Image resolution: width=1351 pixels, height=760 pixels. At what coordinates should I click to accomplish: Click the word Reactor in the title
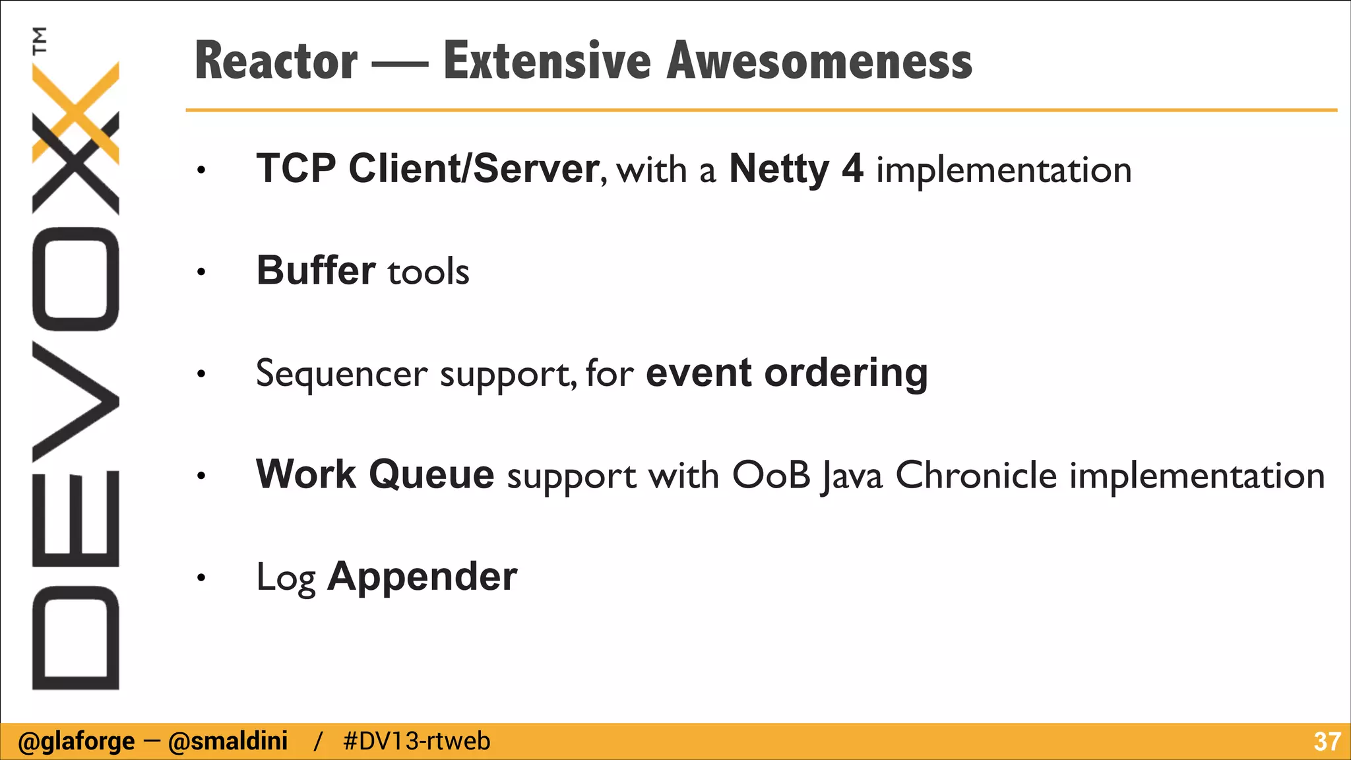(x=276, y=61)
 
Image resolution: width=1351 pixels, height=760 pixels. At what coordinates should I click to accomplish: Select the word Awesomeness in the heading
(x=819, y=61)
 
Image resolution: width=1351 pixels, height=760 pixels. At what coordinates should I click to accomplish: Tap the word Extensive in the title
(x=547, y=61)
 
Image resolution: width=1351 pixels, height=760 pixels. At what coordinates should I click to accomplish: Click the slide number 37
(x=1327, y=742)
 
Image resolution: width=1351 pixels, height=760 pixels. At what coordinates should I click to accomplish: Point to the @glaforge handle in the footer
(x=76, y=742)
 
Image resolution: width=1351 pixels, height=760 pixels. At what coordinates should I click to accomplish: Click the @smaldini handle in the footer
(x=228, y=742)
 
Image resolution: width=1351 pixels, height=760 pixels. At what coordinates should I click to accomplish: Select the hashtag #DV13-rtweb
(x=417, y=742)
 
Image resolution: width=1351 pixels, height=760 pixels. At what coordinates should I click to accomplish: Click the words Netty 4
(x=796, y=169)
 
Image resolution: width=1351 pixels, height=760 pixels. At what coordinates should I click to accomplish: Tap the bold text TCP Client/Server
(x=427, y=169)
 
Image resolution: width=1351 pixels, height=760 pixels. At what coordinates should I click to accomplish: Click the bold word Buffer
(x=315, y=270)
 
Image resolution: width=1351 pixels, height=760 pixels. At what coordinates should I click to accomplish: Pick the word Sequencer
(x=342, y=373)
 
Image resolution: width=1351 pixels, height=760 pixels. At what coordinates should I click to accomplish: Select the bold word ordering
(x=846, y=373)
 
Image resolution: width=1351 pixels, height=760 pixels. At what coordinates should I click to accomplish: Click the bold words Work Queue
(x=375, y=474)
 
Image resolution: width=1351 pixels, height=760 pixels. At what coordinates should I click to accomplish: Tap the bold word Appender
(x=422, y=577)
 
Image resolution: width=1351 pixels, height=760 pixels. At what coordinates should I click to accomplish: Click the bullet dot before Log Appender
(x=201, y=579)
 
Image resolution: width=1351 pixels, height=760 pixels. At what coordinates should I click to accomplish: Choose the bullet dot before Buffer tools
(x=201, y=272)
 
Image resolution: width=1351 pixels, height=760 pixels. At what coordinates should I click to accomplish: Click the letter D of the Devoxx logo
(x=75, y=637)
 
